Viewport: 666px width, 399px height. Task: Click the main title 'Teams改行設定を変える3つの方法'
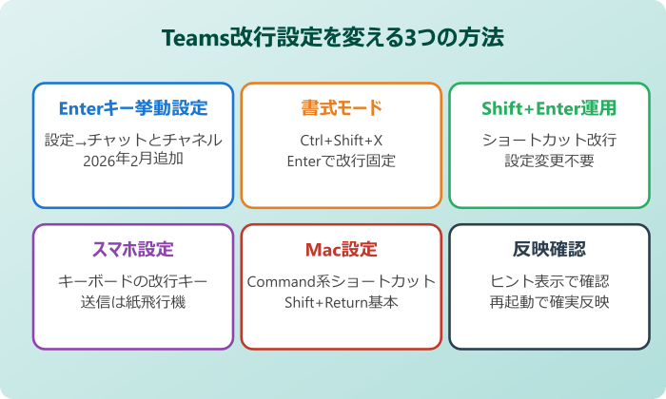tap(333, 38)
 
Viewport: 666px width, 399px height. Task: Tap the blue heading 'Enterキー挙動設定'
tap(133, 107)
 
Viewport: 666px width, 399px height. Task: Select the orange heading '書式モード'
tap(342, 107)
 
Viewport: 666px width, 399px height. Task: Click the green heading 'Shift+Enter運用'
tap(549, 107)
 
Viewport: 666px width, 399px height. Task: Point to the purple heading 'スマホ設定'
tap(133, 250)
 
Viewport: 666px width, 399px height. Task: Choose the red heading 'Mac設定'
tap(342, 250)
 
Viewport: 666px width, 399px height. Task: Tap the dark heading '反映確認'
tap(549, 250)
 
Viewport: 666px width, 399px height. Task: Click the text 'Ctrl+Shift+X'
tap(342, 141)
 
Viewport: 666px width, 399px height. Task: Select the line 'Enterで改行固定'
tap(342, 161)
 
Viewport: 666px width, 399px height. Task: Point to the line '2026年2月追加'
tap(133, 161)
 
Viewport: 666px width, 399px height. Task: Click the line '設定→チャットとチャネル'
tap(133, 141)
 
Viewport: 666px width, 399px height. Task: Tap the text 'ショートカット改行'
tap(549, 141)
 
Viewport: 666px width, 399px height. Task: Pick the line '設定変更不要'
tap(549, 161)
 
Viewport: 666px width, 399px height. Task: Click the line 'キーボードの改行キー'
tap(133, 282)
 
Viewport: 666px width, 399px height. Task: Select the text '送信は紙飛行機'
tap(133, 303)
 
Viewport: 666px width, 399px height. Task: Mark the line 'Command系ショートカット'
tap(342, 282)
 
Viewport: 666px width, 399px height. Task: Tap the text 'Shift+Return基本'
tap(342, 303)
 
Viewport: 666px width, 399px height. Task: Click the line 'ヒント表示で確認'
tap(549, 282)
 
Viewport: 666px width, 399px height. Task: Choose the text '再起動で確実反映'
tap(549, 303)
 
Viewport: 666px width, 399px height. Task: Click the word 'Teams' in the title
tap(195, 38)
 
